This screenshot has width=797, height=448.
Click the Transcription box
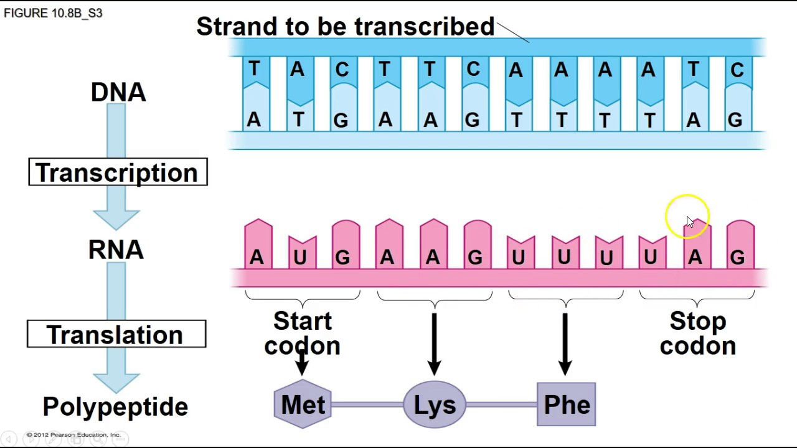(x=118, y=172)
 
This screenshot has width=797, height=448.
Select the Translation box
(x=116, y=335)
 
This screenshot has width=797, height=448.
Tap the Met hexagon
(x=303, y=405)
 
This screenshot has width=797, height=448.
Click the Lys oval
(x=435, y=405)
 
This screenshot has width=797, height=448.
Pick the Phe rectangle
(x=566, y=405)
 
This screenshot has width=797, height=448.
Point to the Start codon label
(x=303, y=334)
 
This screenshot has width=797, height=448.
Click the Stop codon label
(x=697, y=334)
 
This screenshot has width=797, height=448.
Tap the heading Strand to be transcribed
(x=345, y=27)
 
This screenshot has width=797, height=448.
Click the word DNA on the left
(x=118, y=92)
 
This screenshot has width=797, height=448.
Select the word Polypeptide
(x=115, y=407)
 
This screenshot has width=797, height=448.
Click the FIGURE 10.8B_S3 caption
(x=53, y=13)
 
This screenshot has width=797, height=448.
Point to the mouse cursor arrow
(x=689, y=222)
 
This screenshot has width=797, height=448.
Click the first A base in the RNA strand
(x=257, y=256)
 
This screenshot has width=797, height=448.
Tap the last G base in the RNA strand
(x=738, y=256)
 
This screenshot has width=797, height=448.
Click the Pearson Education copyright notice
(x=73, y=435)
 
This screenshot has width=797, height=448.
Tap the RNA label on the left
(x=116, y=250)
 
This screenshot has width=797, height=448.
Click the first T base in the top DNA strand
(x=255, y=70)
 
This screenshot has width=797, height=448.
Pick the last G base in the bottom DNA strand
(x=735, y=119)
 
